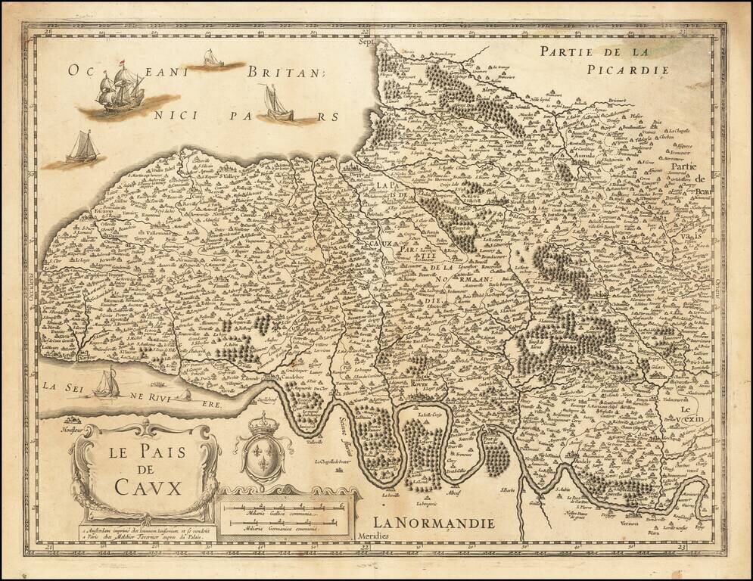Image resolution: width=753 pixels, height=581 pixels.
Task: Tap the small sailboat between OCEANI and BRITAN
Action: (x=213, y=58)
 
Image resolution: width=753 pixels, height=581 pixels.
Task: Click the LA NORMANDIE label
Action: (x=434, y=523)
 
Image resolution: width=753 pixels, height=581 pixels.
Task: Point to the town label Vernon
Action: (x=630, y=522)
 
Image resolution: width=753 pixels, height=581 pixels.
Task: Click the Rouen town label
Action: (x=419, y=385)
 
